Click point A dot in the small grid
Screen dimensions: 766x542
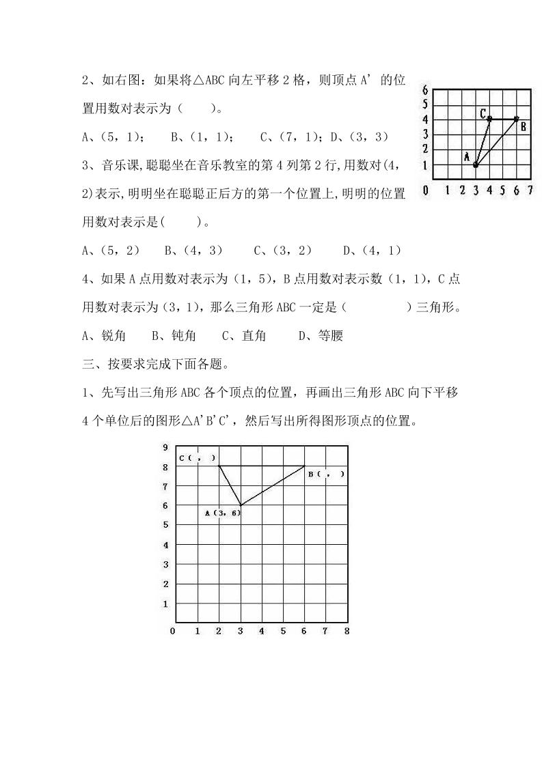(x=476, y=165)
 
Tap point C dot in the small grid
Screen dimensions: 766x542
(x=490, y=119)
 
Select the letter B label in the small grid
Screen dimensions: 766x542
(x=524, y=126)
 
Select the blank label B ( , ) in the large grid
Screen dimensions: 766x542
(x=326, y=474)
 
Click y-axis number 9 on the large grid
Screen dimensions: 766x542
(x=165, y=447)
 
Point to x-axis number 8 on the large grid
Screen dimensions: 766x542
(x=347, y=632)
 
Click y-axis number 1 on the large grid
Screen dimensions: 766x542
(x=165, y=604)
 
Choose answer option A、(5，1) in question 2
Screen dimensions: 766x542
(x=113, y=137)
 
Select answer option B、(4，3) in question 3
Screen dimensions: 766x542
(x=194, y=251)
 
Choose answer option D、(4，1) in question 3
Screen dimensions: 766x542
(x=372, y=251)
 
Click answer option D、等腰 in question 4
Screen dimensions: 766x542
(x=321, y=335)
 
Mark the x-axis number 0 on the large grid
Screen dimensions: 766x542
(x=172, y=632)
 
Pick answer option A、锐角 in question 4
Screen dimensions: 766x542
(x=104, y=335)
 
